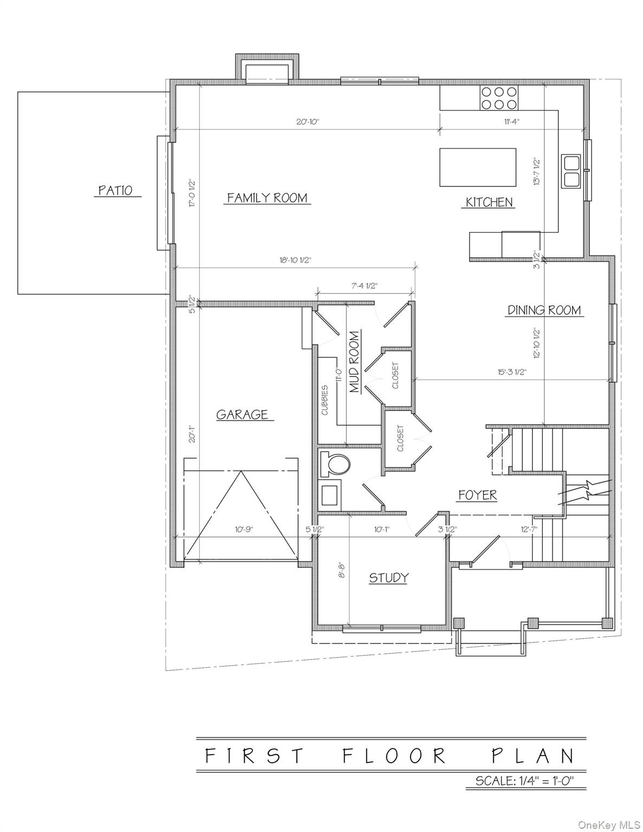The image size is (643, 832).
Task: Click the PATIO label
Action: [x=115, y=191]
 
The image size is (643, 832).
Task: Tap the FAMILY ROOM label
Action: [x=267, y=198]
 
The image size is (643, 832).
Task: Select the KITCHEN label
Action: [x=489, y=202]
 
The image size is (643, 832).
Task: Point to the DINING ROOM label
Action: [x=544, y=310]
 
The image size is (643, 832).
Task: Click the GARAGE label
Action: [x=242, y=414]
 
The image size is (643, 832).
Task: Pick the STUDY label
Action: [x=388, y=578]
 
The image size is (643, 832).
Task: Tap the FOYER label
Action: [x=477, y=495]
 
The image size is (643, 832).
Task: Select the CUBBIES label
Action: [x=325, y=400]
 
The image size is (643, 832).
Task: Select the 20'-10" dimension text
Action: [x=308, y=122]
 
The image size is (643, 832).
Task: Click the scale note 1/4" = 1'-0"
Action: [x=524, y=796]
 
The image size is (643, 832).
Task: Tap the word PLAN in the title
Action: [x=532, y=755]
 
